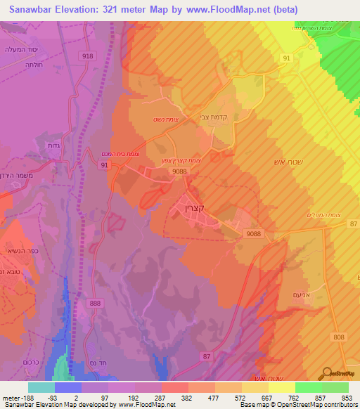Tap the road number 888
click(x=96, y=302)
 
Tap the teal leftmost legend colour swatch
click(x=41, y=387)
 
